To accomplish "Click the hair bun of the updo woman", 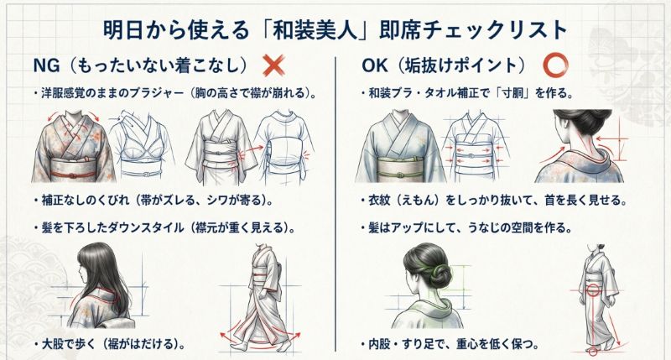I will [x=440, y=272].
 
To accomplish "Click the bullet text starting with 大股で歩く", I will [x=109, y=344].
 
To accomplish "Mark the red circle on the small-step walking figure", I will [x=592, y=292].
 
